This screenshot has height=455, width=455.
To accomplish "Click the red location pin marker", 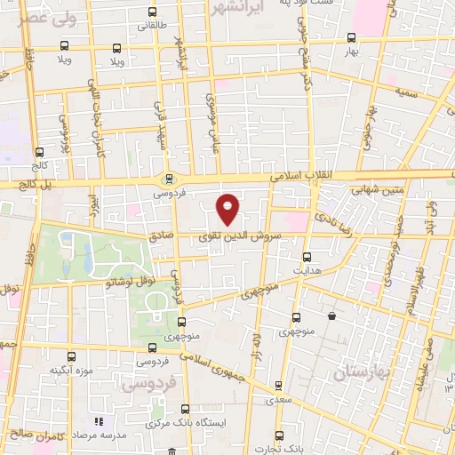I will (228, 208).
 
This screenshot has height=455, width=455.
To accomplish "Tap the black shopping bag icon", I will (331, 315).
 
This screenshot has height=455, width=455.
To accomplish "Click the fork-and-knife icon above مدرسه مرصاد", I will (100, 421).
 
